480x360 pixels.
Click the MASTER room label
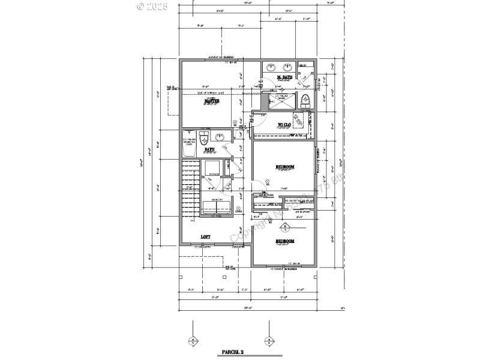coord(211,101)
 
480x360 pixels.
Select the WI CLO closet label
coord(284,126)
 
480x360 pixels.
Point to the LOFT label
coord(205,236)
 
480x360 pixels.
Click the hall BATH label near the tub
coord(209,150)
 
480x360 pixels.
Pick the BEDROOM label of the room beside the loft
coord(285,241)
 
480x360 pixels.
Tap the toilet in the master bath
coord(305,100)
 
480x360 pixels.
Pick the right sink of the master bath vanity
coord(287,67)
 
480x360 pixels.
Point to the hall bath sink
coord(219,136)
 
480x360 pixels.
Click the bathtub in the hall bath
coord(188,144)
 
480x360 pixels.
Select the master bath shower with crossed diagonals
coord(282,100)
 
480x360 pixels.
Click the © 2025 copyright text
coord(152,7)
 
